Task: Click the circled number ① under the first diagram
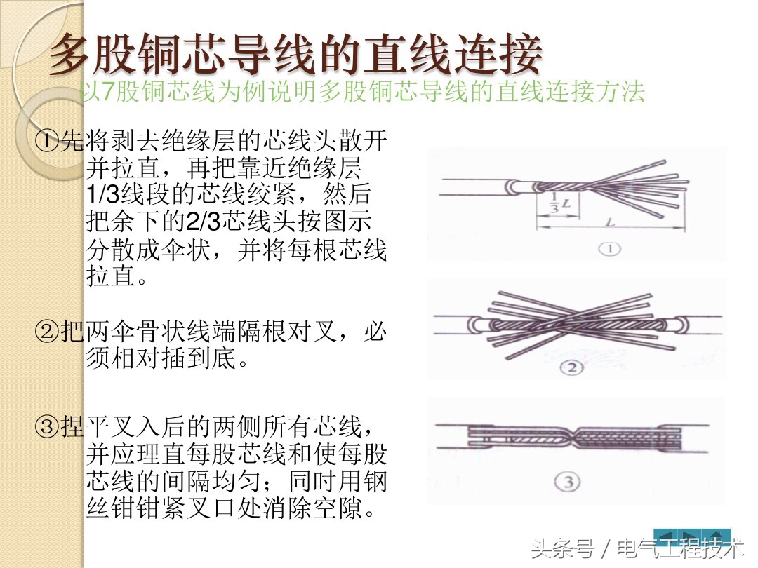(609, 249)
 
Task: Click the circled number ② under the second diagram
(571, 367)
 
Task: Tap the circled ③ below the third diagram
(568, 481)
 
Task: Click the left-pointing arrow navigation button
(666, 537)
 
